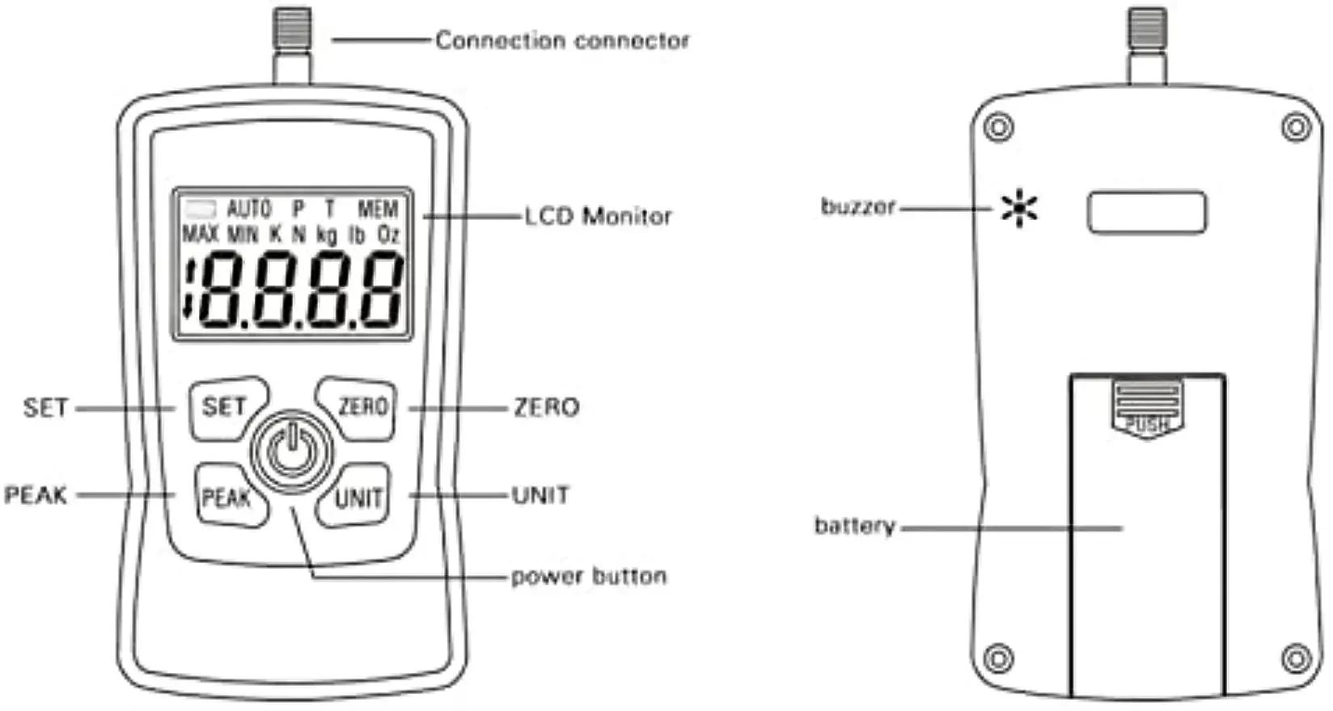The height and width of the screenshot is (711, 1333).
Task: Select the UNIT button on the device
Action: click(358, 497)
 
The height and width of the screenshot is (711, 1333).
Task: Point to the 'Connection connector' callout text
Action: click(562, 40)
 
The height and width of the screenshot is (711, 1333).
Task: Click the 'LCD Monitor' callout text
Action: click(598, 217)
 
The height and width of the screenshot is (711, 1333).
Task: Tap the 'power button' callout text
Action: click(589, 577)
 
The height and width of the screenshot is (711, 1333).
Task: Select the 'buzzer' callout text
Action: click(858, 207)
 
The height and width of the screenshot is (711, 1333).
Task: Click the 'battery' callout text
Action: click(854, 527)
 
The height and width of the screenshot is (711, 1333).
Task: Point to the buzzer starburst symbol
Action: click(1019, 209)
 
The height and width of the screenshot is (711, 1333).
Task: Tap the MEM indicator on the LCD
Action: click(378, 209)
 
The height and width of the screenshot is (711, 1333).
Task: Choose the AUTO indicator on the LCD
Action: click(249, 209)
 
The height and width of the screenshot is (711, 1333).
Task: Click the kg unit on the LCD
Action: click(327, 235)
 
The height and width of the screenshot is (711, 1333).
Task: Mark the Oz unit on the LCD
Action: click(388, 235)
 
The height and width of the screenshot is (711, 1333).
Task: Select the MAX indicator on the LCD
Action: click(200, 235)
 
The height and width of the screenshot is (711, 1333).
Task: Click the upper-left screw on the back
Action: click(1000, 128)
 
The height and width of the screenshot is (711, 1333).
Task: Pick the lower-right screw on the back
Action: click(1296, 657)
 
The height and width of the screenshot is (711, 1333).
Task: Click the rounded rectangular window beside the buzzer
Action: click(1146, 213)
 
